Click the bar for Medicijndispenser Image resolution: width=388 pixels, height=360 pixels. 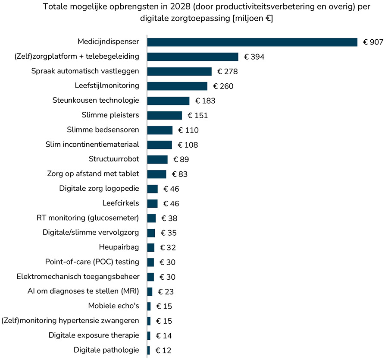(x=252, y=42)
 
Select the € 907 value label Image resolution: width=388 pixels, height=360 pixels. (x=373, y=42)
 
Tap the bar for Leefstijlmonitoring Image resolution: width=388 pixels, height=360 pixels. (x=177, y=86)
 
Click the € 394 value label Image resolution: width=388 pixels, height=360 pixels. (x=254, y=57)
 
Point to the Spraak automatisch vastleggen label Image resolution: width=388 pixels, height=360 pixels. (x=86, y=71)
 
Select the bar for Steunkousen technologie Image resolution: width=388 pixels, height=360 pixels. (x=168, y=101)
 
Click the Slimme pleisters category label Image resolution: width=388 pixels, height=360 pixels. (x=110, y=115)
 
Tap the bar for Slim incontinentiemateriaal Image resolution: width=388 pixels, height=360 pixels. (x=160, y=145)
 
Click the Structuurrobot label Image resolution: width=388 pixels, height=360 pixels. (x=114, y=159)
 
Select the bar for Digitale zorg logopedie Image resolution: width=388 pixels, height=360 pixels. (x=152, y=189)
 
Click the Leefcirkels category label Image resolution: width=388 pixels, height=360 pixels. (x=121, y=203)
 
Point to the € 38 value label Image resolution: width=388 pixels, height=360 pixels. (x=169, y=218)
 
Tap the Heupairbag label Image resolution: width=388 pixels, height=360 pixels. (x=119, y=247)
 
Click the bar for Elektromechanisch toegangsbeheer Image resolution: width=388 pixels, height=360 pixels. (x=150, y=277)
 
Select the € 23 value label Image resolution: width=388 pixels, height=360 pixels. (x=166, y=292)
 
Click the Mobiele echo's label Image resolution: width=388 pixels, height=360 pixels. (x=113, y=306)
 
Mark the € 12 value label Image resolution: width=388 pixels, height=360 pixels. (x=163, y=351)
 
